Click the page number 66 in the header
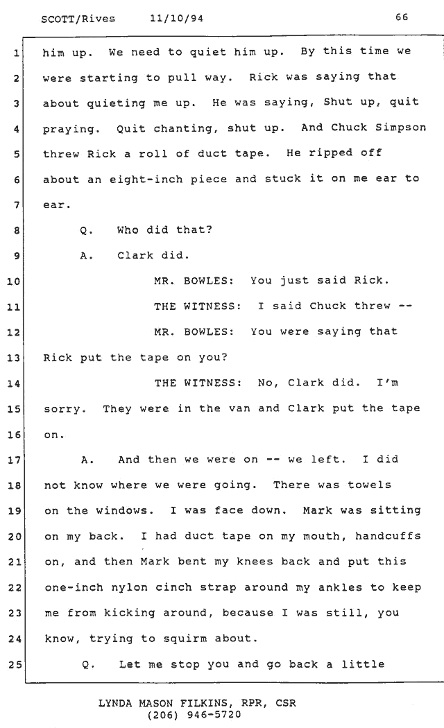tap(402, 17)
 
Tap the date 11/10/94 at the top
tap(176, 19)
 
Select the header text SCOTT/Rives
tap(78, 19)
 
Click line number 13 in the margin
tap(13, 358)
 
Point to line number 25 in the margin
tap(15, 665)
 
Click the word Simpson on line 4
tap(400, 128)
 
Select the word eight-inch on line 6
tap(146, 179)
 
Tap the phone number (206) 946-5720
tap(194, 715)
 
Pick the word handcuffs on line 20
tap(388, 536)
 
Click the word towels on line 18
tap(370, 485)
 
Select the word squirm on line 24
tap(185, 639)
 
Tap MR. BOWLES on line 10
tap(194, 281)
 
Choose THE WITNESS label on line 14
tap(198, 383)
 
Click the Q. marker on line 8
tap(87, 230)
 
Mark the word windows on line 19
tap(125, 511)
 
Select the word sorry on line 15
tap(65, 410)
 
